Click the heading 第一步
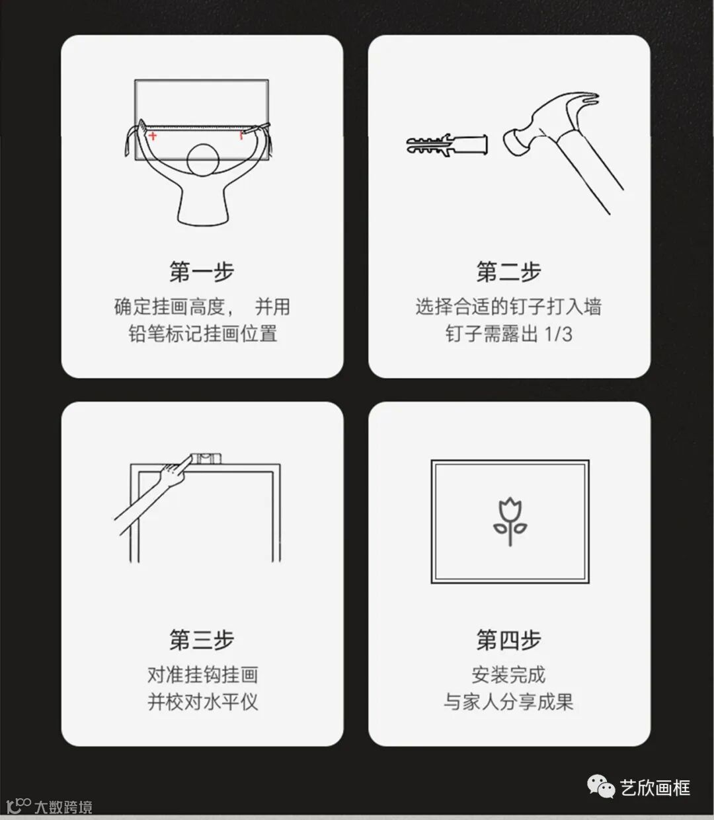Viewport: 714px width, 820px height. [x=202, y=272]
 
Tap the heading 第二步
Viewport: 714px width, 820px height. [x=509, y=272]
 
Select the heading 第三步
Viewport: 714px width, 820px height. [x=202, y=640]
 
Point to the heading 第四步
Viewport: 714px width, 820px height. [x=509, y=640]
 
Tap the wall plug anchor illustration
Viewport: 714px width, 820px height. [x=447, y=144]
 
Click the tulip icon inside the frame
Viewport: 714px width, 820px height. [x=510, y=521]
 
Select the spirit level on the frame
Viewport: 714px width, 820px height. [x=205, y=458]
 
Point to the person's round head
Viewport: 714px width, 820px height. [x=203, y=160]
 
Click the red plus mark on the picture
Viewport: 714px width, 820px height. [x=152, y=136]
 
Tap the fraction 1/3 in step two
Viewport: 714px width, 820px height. [x=558, y=334]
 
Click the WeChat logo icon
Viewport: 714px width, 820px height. [x=601, y=786]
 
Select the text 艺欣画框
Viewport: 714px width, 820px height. [x=655, y=788]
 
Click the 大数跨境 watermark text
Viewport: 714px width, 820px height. [x=63, y=807]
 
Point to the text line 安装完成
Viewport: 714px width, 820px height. [x=509, y=675]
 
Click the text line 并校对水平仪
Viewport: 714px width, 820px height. [x=202, y=702]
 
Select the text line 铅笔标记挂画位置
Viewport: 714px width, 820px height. [x=202, y=334]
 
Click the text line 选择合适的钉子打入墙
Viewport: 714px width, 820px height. [x=509, y=307]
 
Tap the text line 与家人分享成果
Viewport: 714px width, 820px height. [x=509, y=702]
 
